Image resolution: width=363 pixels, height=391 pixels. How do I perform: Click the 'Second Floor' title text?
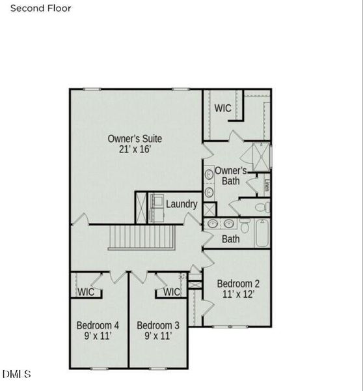pyautogui.click(x=40, y=8)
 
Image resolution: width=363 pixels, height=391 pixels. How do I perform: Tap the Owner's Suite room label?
pyautogui.click(x=135, y=139)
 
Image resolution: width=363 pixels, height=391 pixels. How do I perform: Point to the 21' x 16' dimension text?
pyautogui.click(x=135, y=150)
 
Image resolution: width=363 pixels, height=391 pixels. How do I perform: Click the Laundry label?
pyautogui.click(x=181, y=204)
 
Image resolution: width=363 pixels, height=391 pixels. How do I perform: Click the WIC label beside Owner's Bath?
pyautogui.click(x=223, y=108)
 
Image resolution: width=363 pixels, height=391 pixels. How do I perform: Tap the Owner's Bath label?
pyautogui.click(x=230, y=176)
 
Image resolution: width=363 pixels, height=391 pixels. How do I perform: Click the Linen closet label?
pyautogui.click(x=267, y=185)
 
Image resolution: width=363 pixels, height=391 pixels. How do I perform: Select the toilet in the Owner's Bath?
pyautogui.click(x=261, y=207)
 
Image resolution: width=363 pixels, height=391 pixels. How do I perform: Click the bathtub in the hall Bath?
pyautogui.click(x=262, y=233)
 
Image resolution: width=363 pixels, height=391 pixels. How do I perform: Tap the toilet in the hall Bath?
pyautogui.click(x=245, y=226)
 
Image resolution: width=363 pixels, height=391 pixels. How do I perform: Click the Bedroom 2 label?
pyautogui.click(x=238, y=284)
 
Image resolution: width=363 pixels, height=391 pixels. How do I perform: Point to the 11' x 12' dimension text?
pyautogui.click(x=238, y=295)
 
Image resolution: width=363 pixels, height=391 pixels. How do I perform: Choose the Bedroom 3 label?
pyautogui.click(x=158, y=325)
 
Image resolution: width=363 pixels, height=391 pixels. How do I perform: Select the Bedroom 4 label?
pyautogui.click(x=98, y=325)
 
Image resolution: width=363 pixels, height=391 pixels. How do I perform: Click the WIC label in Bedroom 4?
pyautogui.click(x=87, y=292)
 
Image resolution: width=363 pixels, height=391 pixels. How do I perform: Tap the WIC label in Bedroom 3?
pyautogui.click(x=171, y=292)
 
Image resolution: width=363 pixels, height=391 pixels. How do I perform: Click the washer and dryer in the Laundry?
pyautogui.click(x=156, y=207)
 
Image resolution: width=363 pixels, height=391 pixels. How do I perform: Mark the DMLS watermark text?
pyautogui.click(x=17, y=374)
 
